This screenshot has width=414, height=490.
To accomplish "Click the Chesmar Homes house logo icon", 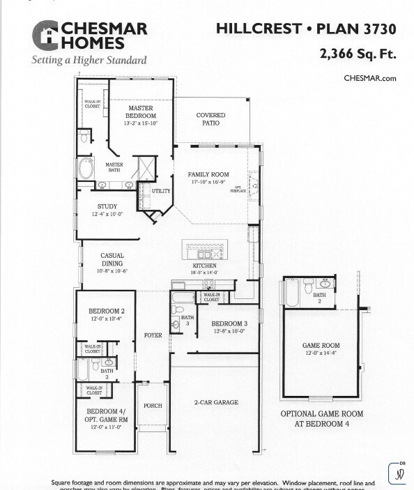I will click(46, 35).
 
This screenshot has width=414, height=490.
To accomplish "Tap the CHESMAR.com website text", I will click(369, 78).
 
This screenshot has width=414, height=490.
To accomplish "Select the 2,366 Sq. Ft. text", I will click(358, 53).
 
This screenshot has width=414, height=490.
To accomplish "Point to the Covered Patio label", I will click(210, 119).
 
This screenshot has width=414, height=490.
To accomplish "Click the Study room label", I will click(107, 210).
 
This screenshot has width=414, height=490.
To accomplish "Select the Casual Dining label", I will click(112, 260).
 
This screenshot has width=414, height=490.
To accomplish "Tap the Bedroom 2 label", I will click(106, 314).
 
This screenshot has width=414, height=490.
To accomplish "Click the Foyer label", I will click(153, 336).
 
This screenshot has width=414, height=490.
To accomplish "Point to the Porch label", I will click(153, 406).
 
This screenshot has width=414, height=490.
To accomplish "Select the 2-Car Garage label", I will click(215, 403).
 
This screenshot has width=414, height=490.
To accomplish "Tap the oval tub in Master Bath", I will click(86, 168).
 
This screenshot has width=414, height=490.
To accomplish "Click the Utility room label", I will click(161, 191).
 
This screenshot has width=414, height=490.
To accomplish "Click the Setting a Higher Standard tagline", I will click(89, 61).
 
